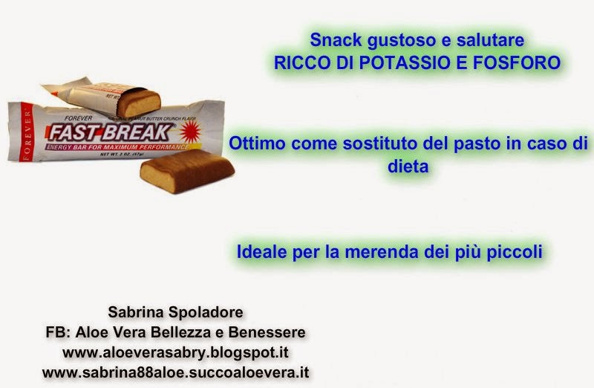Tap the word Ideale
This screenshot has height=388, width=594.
click(x=260, y=252)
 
